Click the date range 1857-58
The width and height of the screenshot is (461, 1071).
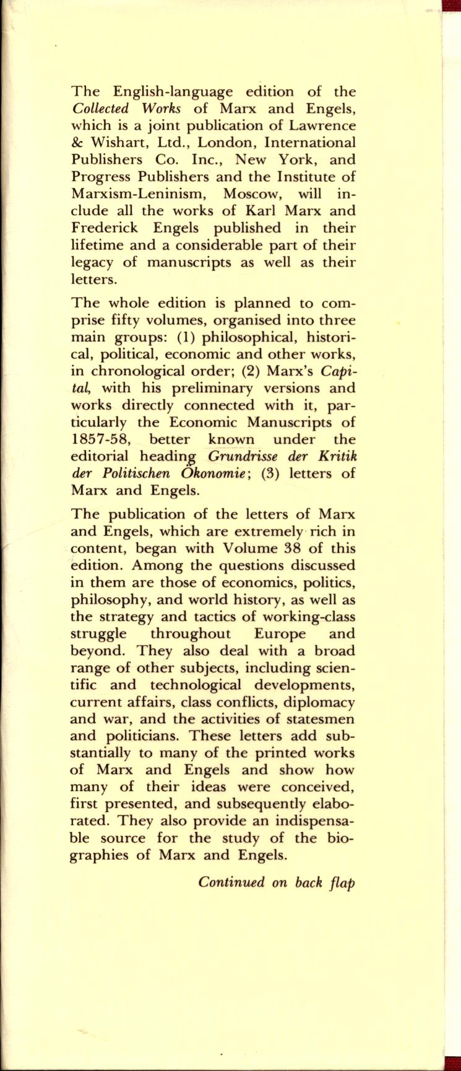click(102, 441)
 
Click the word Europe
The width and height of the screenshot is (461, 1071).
click(285, 635)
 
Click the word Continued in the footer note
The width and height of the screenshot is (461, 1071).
click(232, 883)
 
